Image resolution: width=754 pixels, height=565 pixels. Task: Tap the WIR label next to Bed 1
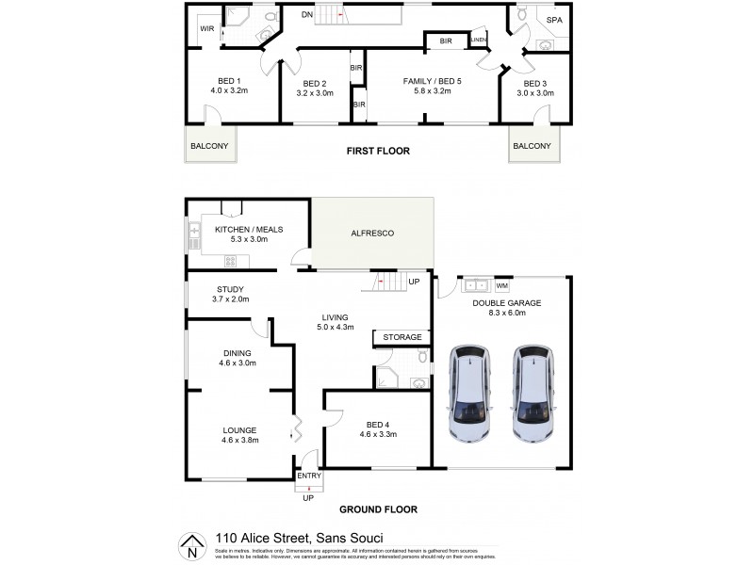click(206, 29)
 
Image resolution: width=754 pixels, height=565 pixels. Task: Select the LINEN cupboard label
click(479, 40)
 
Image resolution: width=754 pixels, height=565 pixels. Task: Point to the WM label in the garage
click(501, 284)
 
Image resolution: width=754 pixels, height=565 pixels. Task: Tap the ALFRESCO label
click(372, 232)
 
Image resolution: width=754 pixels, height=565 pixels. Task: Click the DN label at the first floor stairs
click(307, 14)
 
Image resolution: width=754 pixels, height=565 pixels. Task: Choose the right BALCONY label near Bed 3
click(533, 146)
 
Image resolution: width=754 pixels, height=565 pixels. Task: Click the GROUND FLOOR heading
click(380, 509)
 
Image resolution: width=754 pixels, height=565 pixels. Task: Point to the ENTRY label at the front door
click(309, 476)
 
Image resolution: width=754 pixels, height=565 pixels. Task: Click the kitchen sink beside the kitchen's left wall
click(194, 234)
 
